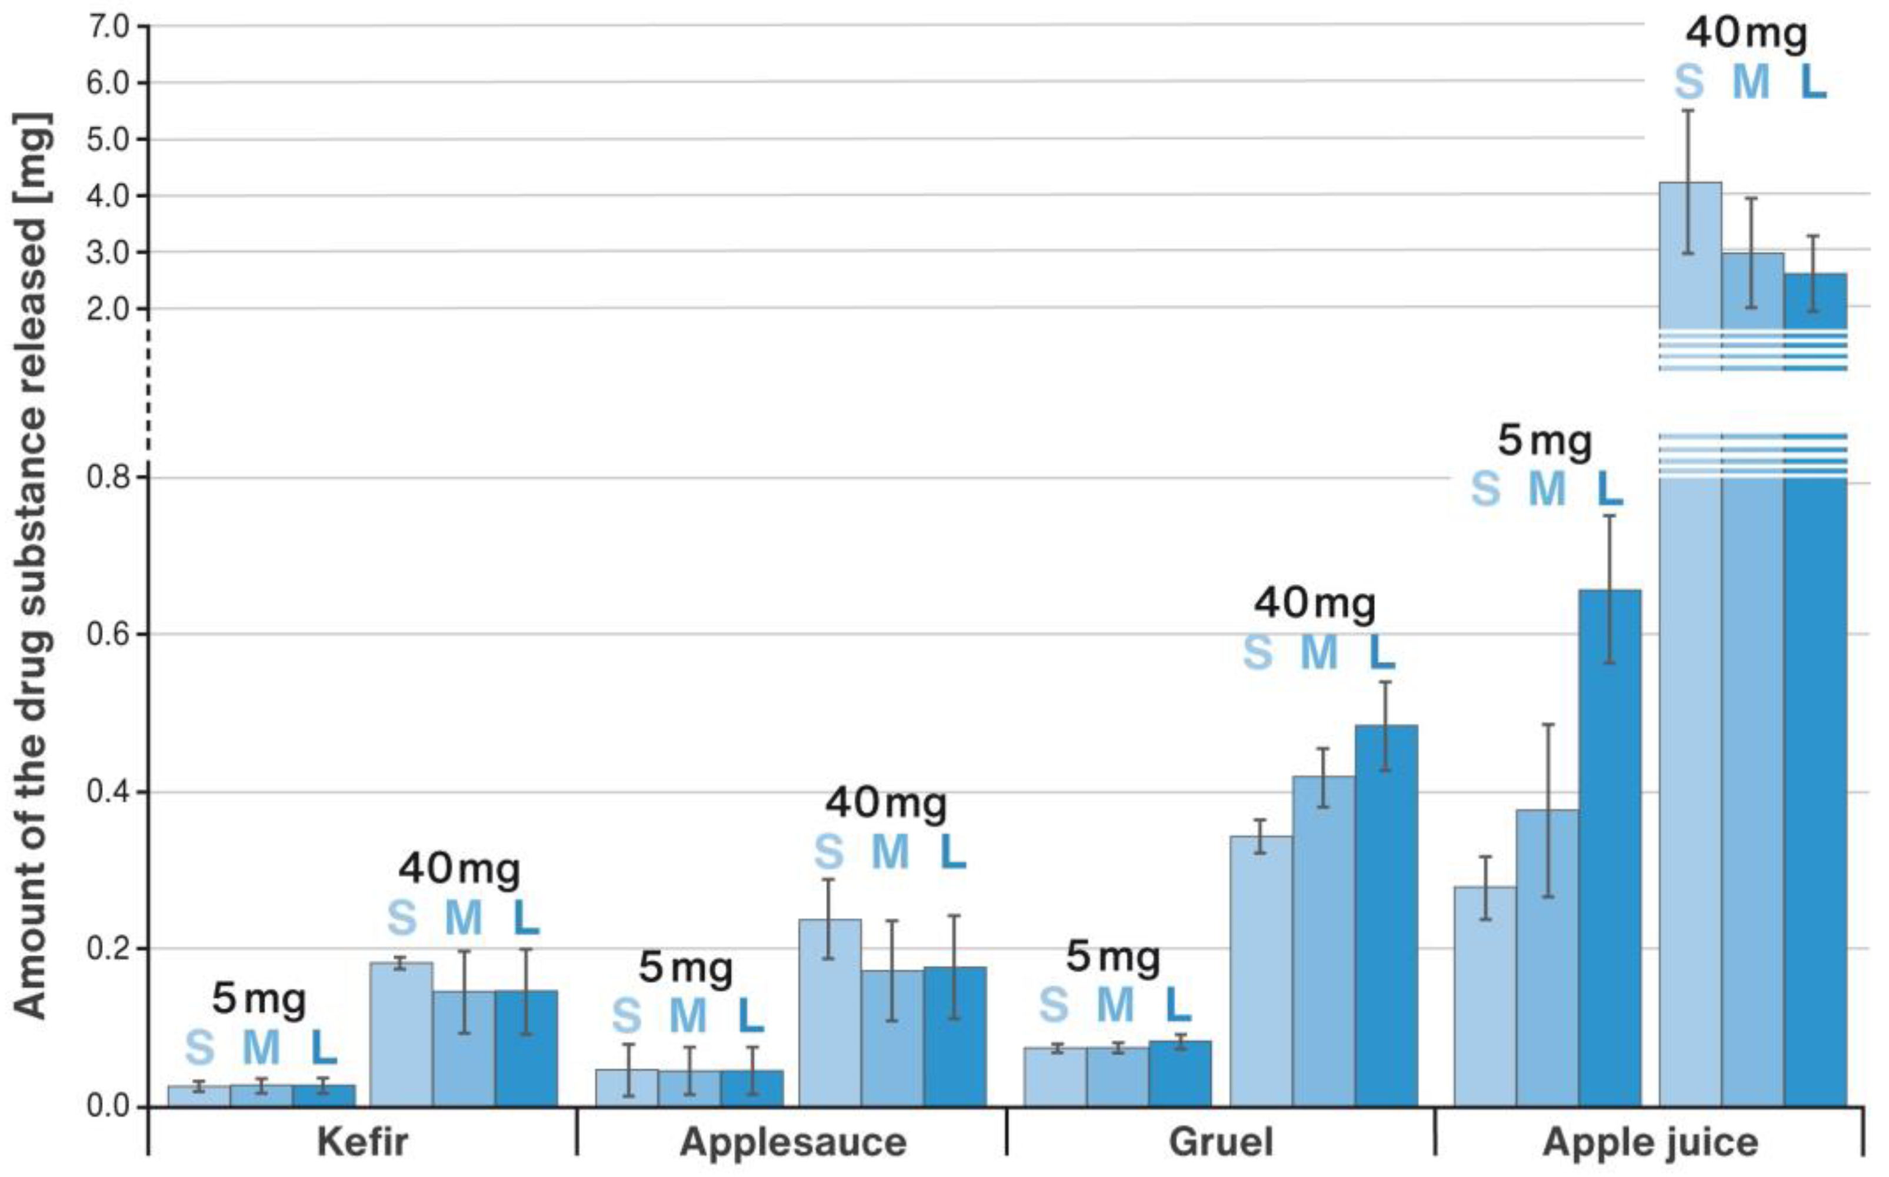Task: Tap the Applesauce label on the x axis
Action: tap(792, 1142)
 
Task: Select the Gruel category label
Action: tap(1221, 1142)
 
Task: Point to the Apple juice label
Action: tap(1650, 1142)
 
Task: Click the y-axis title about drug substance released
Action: tap(31, 564)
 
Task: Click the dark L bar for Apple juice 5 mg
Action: tap(1610, 849)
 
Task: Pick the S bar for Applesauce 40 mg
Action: tap(829, 1012)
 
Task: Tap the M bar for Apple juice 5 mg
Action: tap(1547, 958)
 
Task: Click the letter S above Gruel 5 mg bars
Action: tap(1054, 1005)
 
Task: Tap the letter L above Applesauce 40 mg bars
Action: tap(952, 852)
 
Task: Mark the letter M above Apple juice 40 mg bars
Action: tap(1751, 82)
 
